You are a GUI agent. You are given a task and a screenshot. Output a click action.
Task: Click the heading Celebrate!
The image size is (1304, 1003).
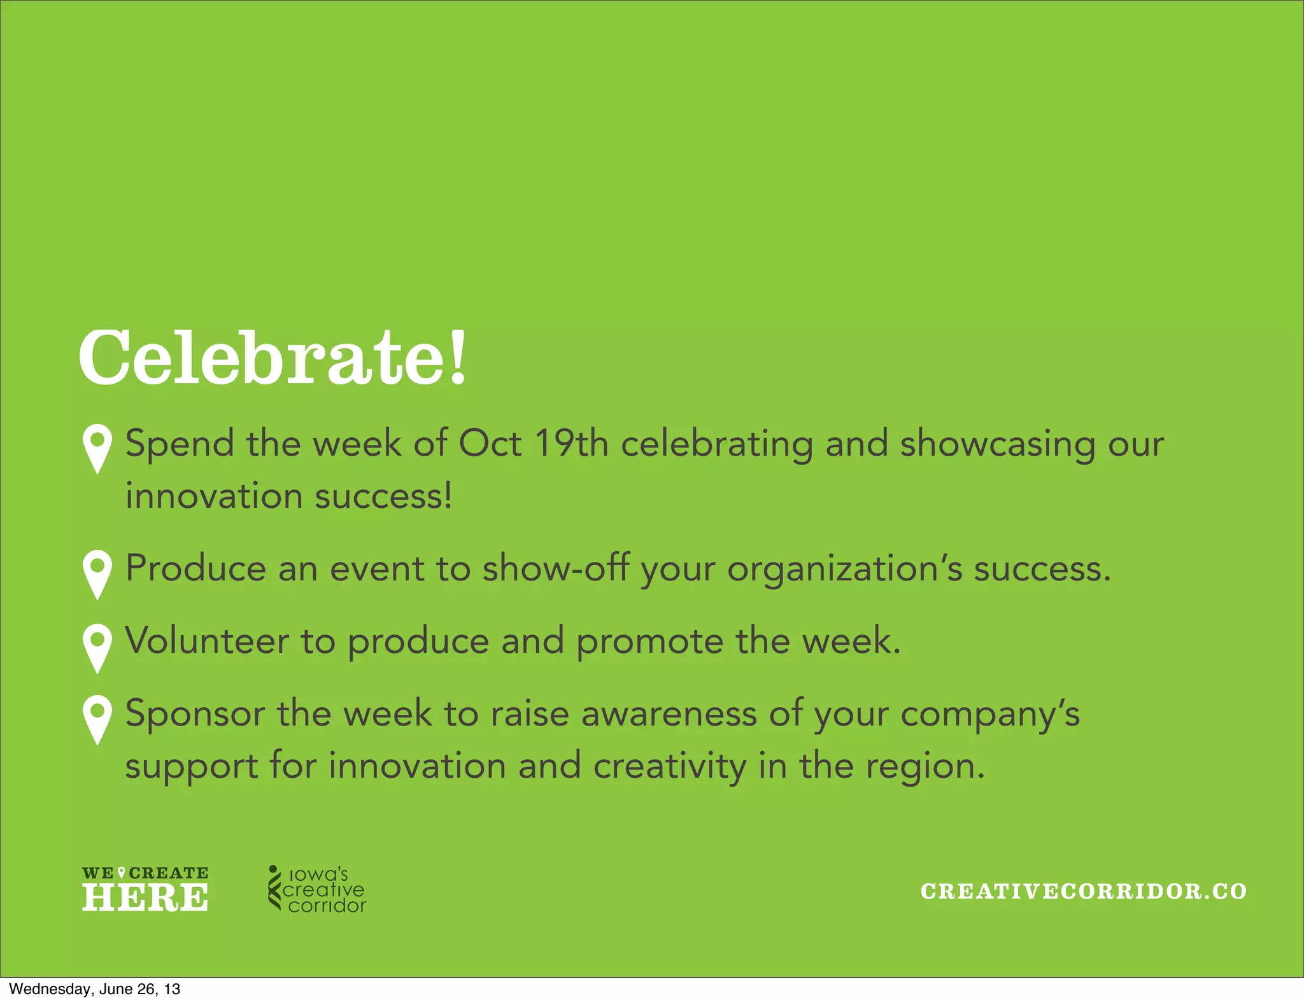point(273,358)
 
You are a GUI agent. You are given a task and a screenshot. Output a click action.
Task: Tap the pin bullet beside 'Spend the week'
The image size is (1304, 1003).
point(97,447)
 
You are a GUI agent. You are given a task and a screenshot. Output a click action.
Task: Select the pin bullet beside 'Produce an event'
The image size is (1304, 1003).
point(97,573)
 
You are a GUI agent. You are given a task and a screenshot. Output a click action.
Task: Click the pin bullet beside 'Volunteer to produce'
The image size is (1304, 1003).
point(97,647)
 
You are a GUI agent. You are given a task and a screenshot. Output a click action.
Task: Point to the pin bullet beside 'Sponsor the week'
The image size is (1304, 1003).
point(97,719)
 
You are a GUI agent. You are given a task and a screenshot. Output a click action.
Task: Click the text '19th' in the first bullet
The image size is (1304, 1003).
point(571,443)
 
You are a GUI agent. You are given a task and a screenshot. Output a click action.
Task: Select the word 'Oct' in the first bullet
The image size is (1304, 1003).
point(490,443)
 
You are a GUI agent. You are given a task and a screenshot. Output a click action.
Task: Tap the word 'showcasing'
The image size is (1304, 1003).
point(998,444)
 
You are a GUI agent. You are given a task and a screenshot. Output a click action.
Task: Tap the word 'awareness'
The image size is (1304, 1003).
point(669,713)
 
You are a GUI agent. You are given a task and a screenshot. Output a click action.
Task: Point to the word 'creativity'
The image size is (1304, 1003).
point(670,766)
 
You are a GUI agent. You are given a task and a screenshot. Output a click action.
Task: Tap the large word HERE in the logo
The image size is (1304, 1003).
point(145,897)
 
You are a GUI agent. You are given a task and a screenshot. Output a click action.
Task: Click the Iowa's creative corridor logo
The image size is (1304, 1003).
point(317,890)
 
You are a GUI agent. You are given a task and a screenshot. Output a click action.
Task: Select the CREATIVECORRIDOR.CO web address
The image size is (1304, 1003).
point(1084,891)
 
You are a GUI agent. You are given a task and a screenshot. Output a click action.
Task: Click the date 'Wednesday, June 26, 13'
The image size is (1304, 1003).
point(95,989)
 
